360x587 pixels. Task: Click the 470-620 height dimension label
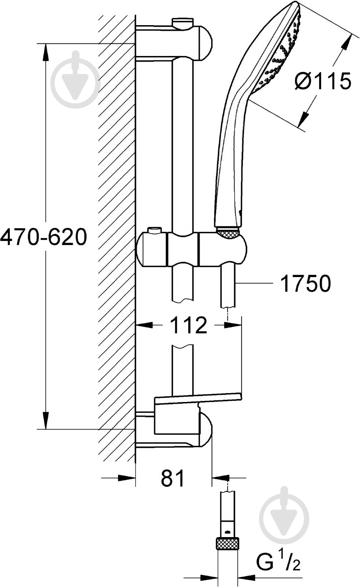click(43, 237)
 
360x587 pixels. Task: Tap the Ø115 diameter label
click(323, 81)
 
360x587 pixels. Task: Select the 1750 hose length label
click(306, 283)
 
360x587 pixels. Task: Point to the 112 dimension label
click(188, 325)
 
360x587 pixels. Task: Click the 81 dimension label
click(173, 477)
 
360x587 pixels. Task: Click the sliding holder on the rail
click(192, 248)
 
